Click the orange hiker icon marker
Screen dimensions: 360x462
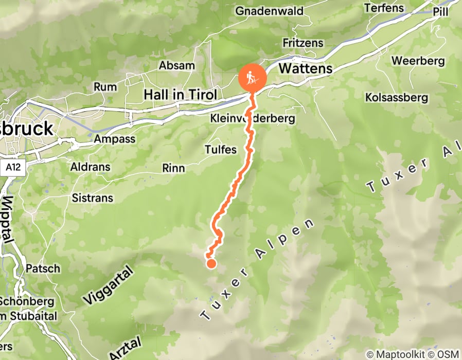252,79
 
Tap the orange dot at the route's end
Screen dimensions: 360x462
211,264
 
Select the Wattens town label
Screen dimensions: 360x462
306,68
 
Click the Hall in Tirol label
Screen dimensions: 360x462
181,95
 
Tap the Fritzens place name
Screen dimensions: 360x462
303,43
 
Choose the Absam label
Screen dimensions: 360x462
177,65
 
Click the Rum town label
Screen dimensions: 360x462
105,87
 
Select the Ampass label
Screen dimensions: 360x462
115,139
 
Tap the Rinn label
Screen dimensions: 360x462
173,168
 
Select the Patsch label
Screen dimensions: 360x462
43,268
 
